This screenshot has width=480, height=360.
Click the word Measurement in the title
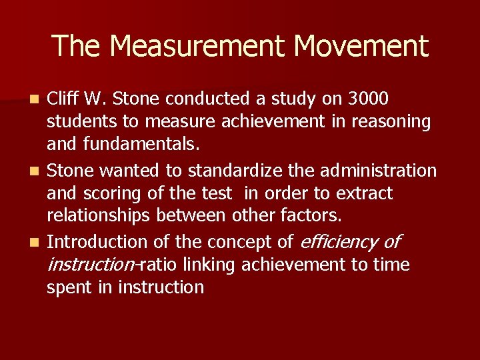(x=198, y=46)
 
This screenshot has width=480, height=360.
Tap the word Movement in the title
(x=361, y=46)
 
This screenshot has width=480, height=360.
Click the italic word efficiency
(x=340, y=242)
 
